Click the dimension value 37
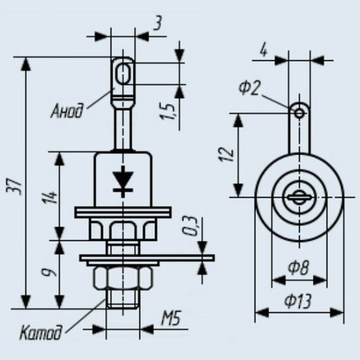(x=13, y=187)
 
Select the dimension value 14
(x=50, y=197)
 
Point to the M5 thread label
(x=170, y=318)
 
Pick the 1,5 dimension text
(x=168, y=111)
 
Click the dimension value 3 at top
(x=158, y=24)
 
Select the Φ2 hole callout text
(x=249, y=88)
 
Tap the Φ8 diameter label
(x=298, y=268)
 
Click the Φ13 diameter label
(x=298, y=301)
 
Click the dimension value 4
(x=264, y=51)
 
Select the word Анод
(x=67, y=111)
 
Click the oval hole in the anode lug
(x=123, y=73)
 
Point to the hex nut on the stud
(x=123, y=277)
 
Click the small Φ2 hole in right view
(x=299, y=113)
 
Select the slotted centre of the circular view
(x=299, y=197)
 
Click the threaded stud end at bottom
(x=123, y=298)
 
